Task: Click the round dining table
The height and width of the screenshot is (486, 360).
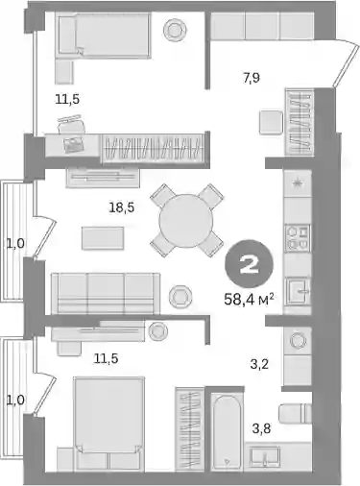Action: point(186,220)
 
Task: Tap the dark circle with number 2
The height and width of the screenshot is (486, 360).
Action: point(250,265)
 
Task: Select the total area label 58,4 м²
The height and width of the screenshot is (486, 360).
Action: point(250,300)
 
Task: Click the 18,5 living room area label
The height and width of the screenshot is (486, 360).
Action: point(122,207)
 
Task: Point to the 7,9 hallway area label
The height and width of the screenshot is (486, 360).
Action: point(252,78)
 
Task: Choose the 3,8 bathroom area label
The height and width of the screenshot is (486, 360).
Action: point(262,428)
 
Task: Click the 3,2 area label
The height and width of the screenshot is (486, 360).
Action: point(259,364)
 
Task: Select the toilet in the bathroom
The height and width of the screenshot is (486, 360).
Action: point(295,413)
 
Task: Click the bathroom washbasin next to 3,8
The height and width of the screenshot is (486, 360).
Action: point(265,455)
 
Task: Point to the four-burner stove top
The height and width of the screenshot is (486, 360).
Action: point(299,237)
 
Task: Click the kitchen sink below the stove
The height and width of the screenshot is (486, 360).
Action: point(299,291)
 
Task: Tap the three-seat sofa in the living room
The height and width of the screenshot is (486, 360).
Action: point(106,293)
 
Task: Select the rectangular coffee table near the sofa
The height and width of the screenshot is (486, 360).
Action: point(103,238)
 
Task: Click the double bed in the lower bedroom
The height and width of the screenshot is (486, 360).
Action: point(108,425)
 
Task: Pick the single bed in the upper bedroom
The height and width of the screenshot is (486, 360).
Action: point(105,36)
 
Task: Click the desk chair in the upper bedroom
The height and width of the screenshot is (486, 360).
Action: point(72,125)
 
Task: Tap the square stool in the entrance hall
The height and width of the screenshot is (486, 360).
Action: point(271,122)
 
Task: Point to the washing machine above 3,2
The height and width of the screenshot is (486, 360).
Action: point(298,340)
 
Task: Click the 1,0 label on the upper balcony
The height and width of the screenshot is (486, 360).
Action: point(15,244)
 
